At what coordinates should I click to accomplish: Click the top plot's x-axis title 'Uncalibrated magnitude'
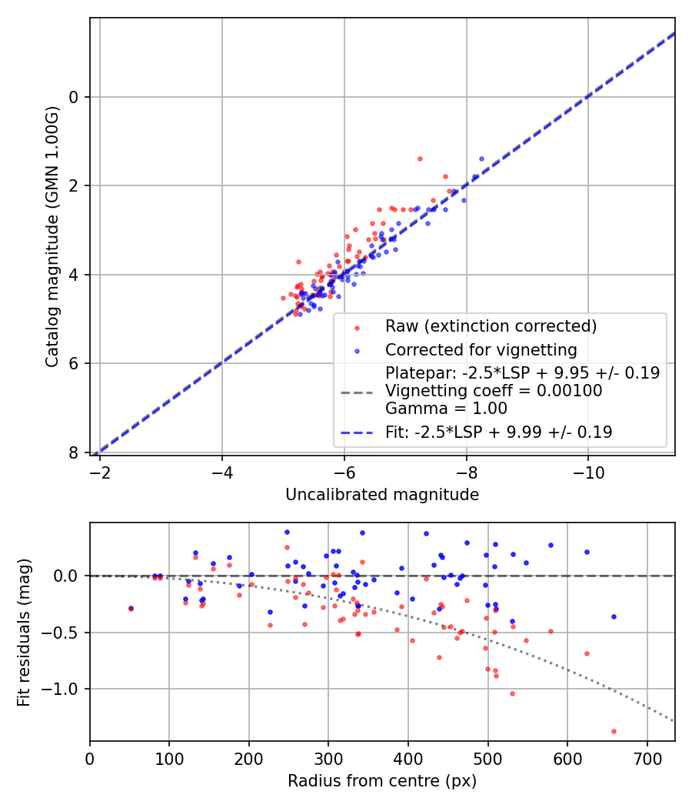tap(382, 495)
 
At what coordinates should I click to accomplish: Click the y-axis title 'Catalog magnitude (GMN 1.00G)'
tap(52, 236)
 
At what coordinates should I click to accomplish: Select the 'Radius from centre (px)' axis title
tap(382, 781)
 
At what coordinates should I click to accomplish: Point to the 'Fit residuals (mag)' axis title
tap(24, 632)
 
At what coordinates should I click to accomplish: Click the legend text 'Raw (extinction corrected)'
tap(491, 326)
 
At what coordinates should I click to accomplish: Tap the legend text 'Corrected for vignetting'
tap(481, 350)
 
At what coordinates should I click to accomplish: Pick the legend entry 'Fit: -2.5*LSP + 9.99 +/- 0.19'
tap(498, 432)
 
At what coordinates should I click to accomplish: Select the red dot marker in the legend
tap(356, 327)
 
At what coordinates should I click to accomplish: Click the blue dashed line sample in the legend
tap(356, 433)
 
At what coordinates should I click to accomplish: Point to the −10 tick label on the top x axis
tap(588, 469)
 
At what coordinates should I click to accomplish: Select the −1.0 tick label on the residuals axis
tap(65, 689)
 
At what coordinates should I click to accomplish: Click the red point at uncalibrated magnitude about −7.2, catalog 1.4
tap(420, 159)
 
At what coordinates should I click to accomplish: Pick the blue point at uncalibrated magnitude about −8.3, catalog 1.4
tap(481, 159)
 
